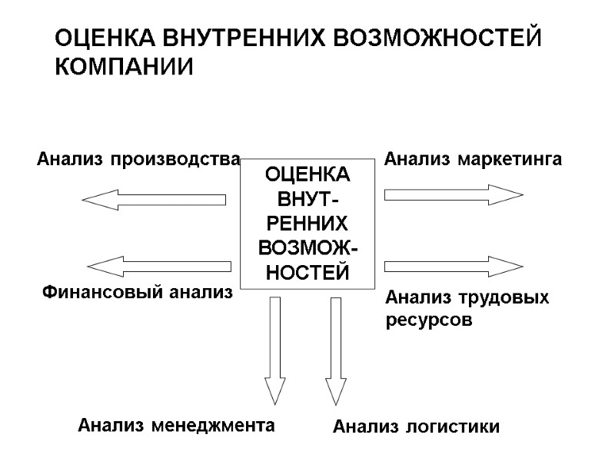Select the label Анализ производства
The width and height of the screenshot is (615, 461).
139,160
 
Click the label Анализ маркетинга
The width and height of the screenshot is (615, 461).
473,160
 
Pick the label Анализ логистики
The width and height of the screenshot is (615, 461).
416,426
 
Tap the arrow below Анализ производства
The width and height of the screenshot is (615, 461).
153,200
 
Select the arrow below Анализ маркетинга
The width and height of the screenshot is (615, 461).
454,194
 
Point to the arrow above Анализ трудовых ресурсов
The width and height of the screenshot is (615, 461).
454,267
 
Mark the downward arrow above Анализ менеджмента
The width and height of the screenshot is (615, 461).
274,350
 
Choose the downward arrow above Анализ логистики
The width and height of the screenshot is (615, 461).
336,350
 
